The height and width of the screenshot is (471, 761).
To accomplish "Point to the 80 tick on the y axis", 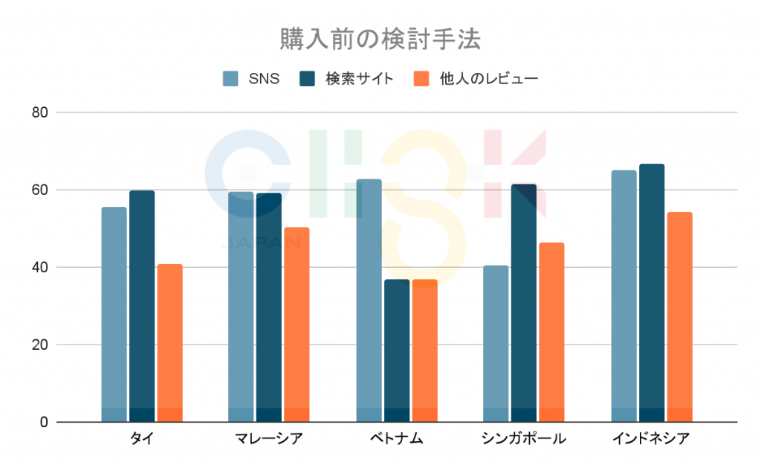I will [39, 113].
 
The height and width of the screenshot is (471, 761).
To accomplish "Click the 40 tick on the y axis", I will [39, 268].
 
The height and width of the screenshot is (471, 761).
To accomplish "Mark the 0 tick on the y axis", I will [44, 423].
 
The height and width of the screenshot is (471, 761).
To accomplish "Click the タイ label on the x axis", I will [141, 438].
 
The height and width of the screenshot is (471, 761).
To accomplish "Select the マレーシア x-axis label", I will [268, 438].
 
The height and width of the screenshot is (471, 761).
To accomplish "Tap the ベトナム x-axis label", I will [396, 438].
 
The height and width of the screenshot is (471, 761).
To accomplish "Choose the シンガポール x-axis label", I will [524, 438].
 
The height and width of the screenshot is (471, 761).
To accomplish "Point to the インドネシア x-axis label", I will [651, 438].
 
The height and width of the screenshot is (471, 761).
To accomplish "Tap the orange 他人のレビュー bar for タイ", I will [169, 343].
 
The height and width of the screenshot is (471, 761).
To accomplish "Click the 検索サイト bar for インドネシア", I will [651, 293].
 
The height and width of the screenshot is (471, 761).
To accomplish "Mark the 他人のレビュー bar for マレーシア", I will [297, 324].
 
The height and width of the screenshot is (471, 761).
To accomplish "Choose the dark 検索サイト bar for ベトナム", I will [396, 350].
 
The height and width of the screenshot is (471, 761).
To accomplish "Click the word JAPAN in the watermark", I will [262, 242].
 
